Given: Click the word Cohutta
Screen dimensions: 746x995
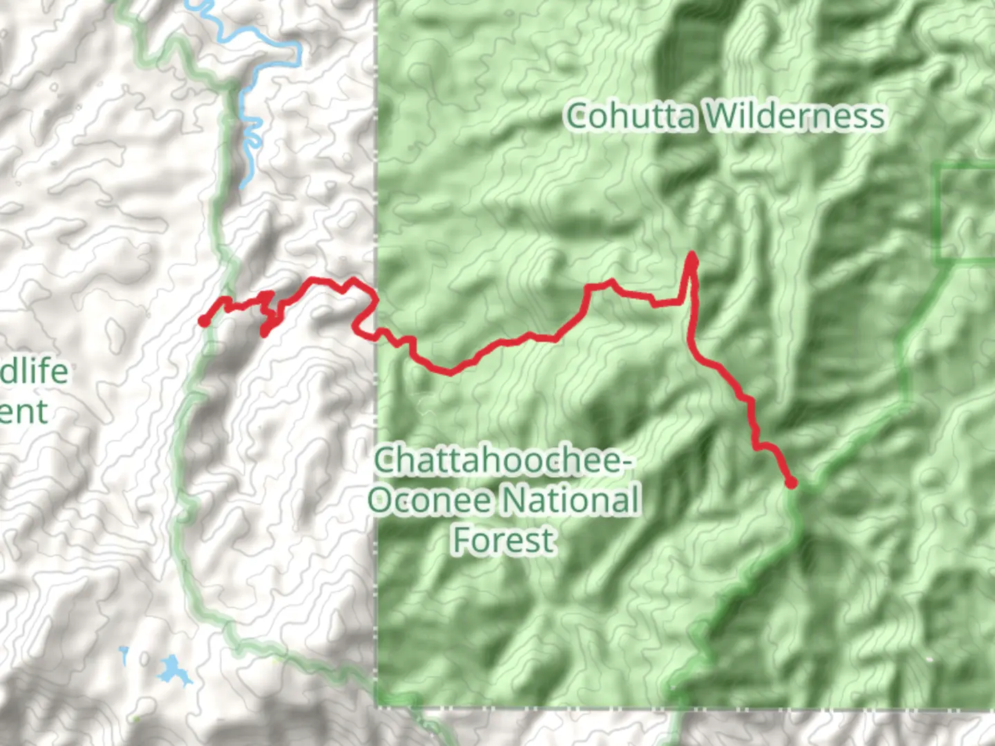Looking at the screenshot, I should (630, 116).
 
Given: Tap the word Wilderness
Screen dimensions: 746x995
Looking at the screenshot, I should (795, 116).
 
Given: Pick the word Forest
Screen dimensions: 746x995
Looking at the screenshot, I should (504, 540).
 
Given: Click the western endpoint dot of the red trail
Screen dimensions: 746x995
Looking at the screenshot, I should (204, 321).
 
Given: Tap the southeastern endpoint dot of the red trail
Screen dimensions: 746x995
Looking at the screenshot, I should (791, 483).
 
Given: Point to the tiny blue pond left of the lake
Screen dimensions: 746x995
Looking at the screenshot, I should (124, 653).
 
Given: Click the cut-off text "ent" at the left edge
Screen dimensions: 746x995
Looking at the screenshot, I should (24, 412).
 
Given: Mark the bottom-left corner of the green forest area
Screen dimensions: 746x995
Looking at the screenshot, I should (377, 705).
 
